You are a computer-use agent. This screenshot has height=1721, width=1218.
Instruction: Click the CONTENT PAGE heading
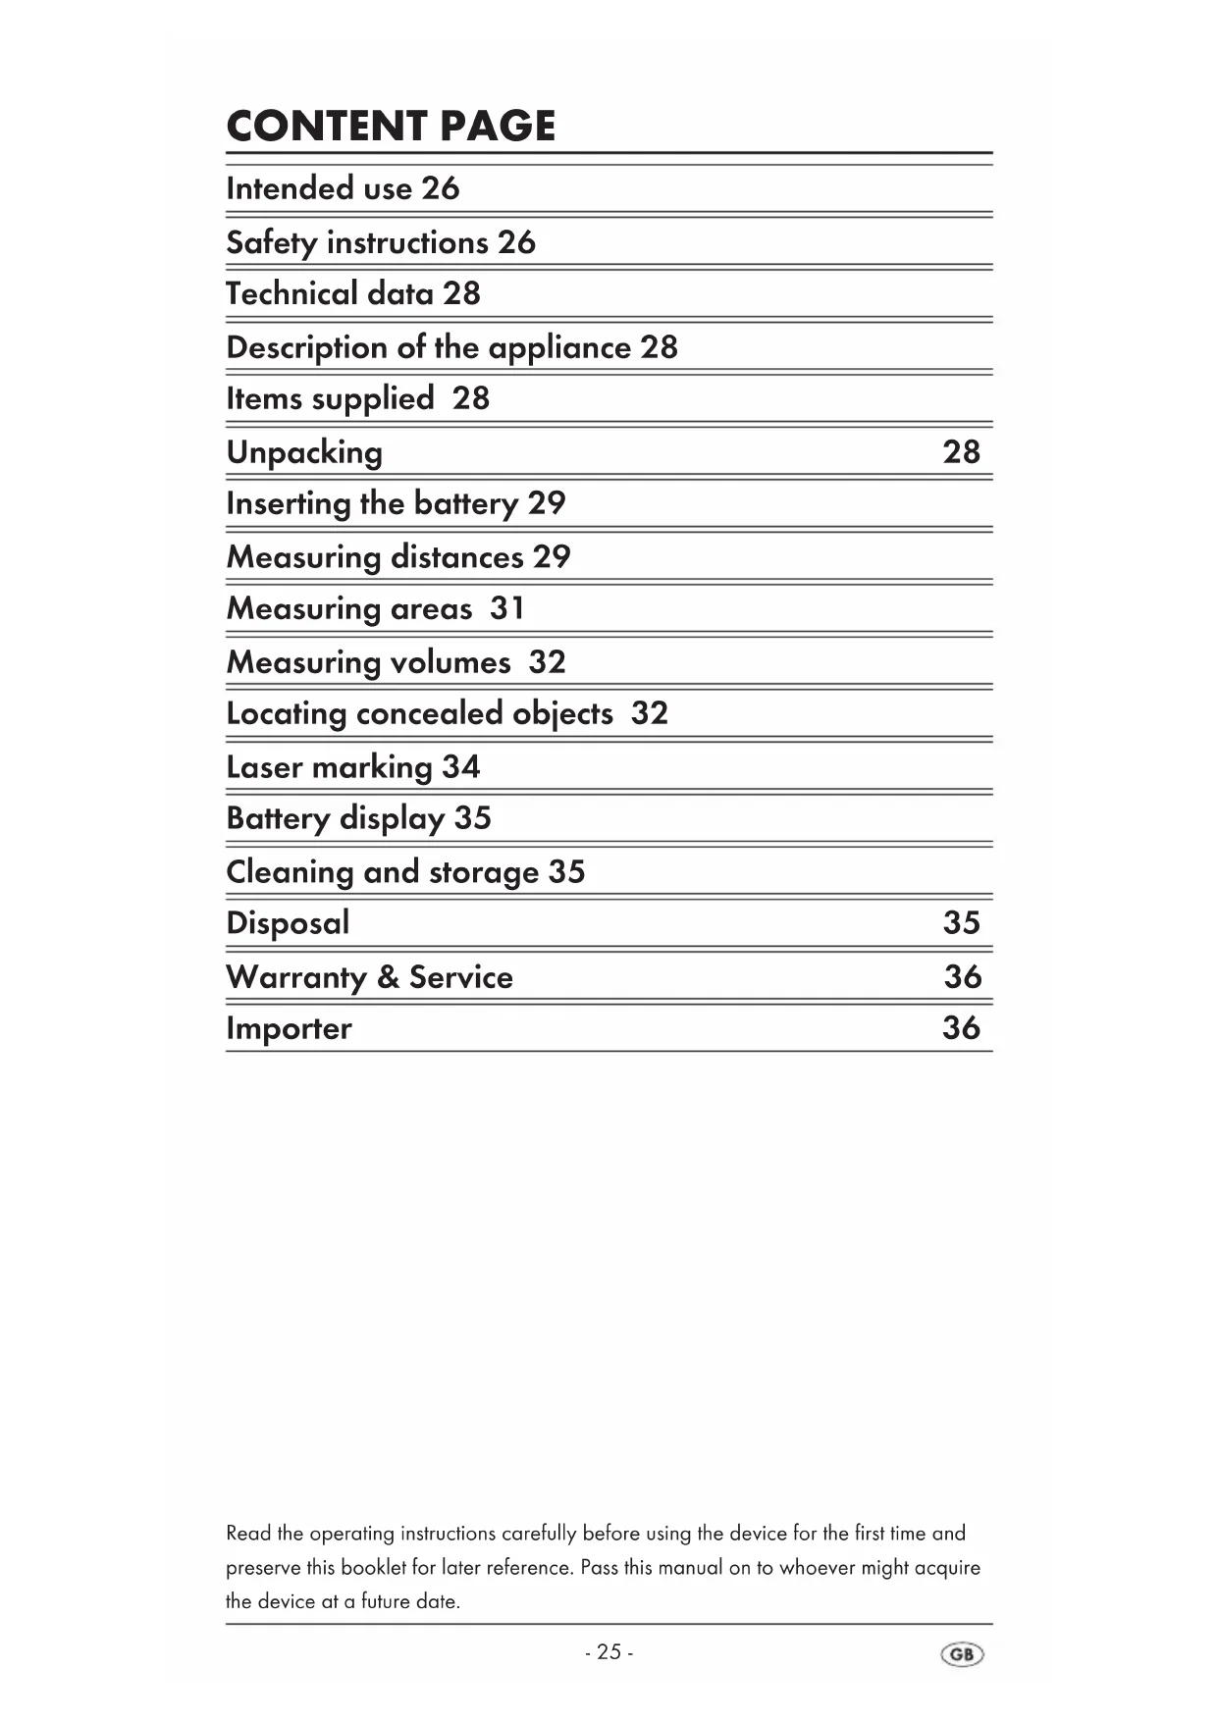click(391, 127)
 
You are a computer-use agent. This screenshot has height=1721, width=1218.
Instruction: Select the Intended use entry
click(343, 188)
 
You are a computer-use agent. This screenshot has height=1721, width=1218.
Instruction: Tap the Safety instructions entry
click(381, 242)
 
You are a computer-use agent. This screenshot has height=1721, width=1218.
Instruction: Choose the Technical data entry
click(353, 293)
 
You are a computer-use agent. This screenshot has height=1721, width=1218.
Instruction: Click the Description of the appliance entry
click(451, 347)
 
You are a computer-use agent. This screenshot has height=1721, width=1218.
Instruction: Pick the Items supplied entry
click(357, 398)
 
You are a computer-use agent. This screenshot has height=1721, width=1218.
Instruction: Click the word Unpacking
click(304, 452)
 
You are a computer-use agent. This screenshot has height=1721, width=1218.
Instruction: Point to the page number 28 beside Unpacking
click(961, 451)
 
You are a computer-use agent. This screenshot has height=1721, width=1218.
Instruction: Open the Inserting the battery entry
click(396, 503)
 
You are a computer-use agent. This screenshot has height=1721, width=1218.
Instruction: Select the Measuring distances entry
click(398, 557)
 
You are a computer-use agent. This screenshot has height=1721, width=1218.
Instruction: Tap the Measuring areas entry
click(375, 609)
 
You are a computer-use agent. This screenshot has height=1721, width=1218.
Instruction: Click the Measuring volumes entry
click(396, 662)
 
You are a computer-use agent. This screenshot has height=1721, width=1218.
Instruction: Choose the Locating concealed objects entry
click(447, 713)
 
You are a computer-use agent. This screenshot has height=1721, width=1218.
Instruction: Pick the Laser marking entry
click(353, 767)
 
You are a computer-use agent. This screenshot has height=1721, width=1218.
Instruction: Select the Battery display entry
click(358, 818)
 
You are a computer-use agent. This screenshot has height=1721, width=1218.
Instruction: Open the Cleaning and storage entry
click(405, 872)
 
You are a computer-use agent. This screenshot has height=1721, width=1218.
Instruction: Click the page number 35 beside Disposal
click(961, 922)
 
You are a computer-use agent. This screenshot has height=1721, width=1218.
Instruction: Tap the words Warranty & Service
click(369, 977)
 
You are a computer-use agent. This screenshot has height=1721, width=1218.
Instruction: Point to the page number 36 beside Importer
click(961, 1027)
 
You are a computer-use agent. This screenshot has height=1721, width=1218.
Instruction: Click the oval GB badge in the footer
click(962, 1654)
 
